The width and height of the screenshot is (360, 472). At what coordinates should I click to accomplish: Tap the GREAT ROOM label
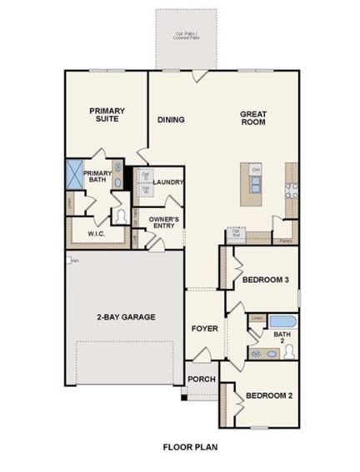coord(252,118)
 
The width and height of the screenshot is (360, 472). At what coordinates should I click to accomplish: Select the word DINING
coord(171,119)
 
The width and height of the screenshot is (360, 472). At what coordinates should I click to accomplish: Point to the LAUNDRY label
coord(169,181)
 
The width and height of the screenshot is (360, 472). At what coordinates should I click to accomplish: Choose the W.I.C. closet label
coord(96,234)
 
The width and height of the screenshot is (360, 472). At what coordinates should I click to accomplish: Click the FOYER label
coord(204,329)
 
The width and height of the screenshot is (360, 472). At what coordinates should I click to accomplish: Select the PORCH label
coord(202,380)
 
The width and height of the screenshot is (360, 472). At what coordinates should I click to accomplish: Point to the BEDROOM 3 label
coord(265,281)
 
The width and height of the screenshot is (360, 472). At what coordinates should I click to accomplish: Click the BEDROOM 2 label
coord(266,395)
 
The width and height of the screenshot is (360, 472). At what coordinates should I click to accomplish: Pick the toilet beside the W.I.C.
coord(122,216)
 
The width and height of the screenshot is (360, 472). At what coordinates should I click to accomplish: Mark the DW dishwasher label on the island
coord(256,170)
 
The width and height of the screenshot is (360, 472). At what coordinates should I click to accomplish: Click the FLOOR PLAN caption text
coord(190,446)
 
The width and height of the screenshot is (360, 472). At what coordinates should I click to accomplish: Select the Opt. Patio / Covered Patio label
coord(186,35)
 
